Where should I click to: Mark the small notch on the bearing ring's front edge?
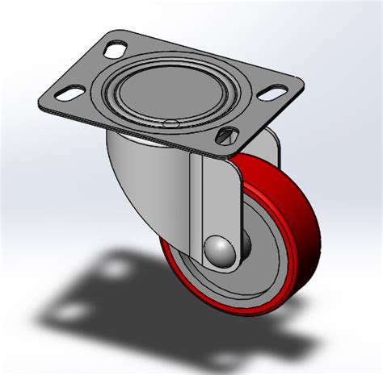(170, 123)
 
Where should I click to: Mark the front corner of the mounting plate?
(224, 153)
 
